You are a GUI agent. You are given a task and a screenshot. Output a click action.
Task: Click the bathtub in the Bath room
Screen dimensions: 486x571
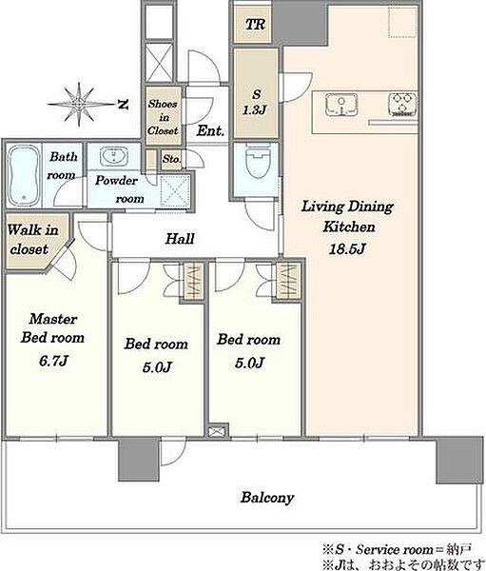[24, 176]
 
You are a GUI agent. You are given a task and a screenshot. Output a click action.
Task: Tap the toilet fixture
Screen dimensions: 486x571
[258, 162]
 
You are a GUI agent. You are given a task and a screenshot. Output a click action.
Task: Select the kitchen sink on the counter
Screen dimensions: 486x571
[341, 105]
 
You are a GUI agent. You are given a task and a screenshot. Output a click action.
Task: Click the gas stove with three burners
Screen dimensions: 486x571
[402, 105]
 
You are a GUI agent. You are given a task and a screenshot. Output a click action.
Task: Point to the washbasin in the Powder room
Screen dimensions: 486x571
[113, 157]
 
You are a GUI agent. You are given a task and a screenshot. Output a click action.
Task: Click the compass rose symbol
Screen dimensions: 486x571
[79, 105]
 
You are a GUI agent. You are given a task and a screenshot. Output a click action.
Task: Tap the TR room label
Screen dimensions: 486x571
[255, 25]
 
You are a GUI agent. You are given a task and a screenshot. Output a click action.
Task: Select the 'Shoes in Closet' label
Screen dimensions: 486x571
[163, 117]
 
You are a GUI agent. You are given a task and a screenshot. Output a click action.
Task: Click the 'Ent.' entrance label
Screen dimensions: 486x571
[210, 130]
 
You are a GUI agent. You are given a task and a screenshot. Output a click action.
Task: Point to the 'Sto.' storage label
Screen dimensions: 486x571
[171, 159]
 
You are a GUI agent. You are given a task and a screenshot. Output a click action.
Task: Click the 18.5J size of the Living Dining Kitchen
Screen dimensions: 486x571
[347, 249]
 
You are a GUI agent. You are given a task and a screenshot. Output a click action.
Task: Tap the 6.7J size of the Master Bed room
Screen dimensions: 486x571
[53, 361]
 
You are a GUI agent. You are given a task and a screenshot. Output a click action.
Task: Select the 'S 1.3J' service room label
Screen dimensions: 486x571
[255, 102]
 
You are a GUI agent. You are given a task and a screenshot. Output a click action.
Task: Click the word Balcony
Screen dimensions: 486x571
[267, 498]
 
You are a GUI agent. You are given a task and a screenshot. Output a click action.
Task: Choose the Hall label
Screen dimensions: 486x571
[180, 239]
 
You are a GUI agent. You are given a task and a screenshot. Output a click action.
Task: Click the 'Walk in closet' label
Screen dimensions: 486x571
[32, 239]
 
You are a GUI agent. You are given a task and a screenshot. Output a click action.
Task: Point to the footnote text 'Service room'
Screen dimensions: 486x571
[395, 550]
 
